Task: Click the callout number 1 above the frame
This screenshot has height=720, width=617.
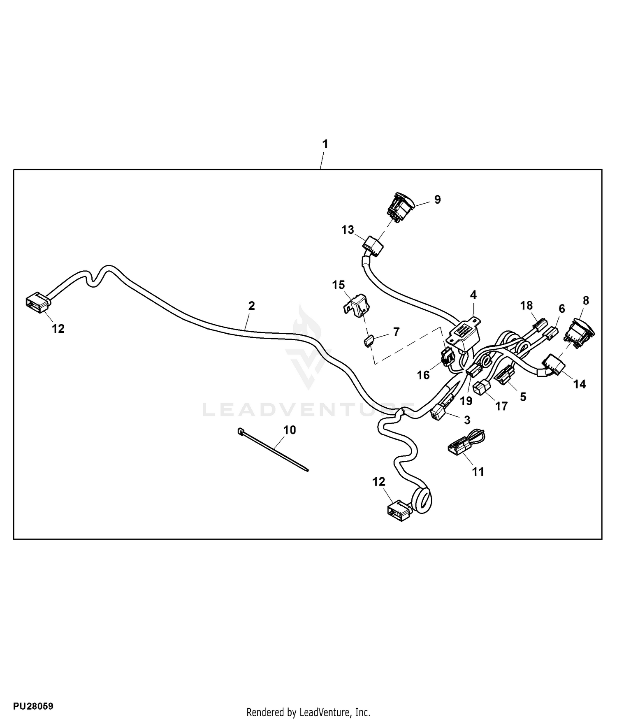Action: [325, 144]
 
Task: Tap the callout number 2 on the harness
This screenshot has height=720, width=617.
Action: [252, 306]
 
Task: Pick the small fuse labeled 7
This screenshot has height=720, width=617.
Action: [369, 341]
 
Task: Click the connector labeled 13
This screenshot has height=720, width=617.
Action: [373, 246]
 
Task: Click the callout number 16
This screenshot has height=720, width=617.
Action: [423, 375]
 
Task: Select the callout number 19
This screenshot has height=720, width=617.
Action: [466, 401]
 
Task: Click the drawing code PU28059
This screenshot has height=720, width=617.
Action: [33, 707]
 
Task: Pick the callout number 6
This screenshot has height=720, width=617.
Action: [561, 309]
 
